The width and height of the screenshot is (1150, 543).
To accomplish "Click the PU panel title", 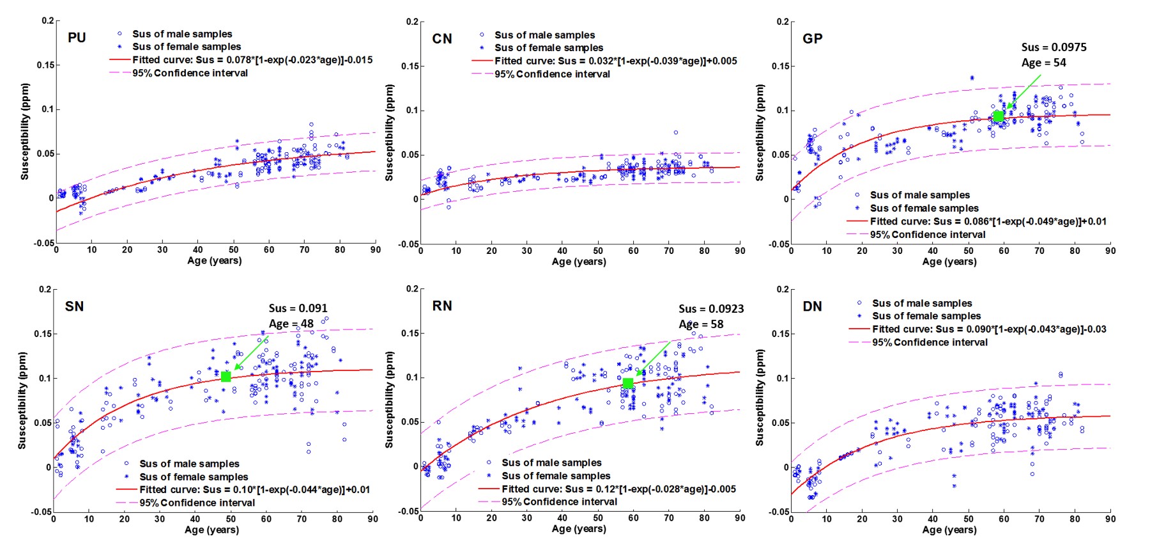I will point(77,38).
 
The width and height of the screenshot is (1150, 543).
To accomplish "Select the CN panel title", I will point(442,39).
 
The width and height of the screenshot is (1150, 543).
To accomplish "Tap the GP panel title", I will point(812,39).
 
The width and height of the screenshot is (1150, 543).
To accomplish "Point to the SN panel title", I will point(74,306).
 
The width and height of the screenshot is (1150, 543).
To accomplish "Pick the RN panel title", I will point(442,306).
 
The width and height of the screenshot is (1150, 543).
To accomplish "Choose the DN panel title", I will point(812,306).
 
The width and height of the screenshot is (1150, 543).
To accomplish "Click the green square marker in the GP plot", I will point(998,116).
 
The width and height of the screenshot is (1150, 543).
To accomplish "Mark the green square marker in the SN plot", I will point(226,377).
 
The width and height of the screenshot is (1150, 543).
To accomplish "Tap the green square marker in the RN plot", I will point(628,383).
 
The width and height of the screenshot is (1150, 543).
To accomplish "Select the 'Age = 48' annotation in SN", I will point(291,324).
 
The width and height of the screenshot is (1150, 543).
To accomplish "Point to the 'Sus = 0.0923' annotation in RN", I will point(711,309).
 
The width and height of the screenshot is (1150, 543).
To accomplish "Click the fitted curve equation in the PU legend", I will point(252,59).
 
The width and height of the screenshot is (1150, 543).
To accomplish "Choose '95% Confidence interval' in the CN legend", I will point(552,74).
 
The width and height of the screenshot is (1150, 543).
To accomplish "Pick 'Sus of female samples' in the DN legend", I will point(926,316).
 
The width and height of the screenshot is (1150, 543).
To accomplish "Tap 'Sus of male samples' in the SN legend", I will point(189,464).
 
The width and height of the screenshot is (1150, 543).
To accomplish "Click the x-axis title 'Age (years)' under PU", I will point(215,260).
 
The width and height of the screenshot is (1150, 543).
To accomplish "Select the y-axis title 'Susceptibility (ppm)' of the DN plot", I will point(760,398).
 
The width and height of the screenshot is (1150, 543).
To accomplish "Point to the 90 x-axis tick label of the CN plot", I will point(740,251).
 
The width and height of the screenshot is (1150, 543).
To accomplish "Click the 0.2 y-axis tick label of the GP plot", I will point(783,22).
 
